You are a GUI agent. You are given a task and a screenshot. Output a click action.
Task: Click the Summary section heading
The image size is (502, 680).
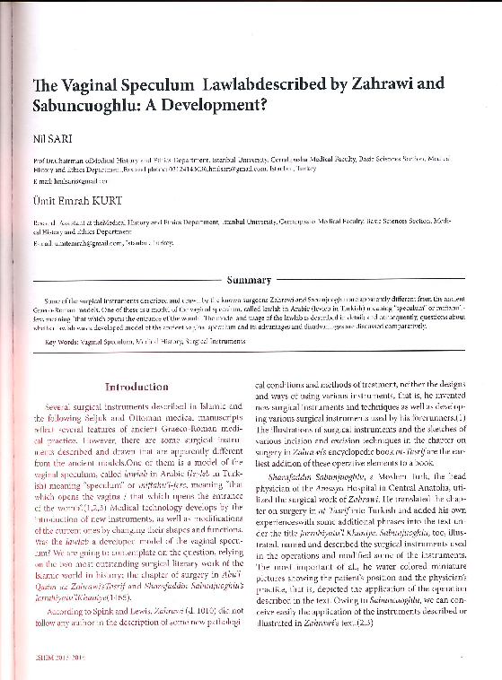pos(257,280)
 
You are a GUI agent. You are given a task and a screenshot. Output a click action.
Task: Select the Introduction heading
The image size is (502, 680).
pos(144,388)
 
